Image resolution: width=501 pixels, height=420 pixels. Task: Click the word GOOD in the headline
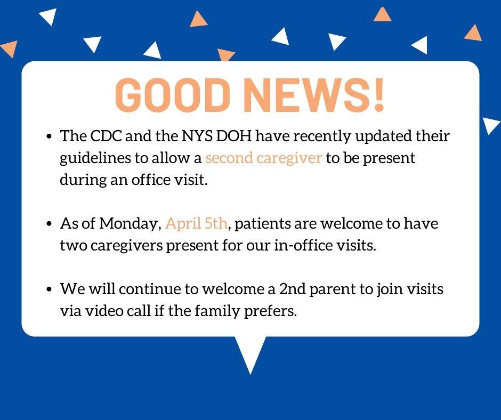pos(173,95)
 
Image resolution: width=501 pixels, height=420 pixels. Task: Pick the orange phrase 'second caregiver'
pos(263,158)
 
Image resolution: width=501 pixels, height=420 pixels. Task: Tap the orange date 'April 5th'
pos(196,224)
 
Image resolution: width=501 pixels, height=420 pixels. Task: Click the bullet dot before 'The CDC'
pos(49,136)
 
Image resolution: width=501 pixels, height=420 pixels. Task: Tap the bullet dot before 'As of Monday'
pos(49,224)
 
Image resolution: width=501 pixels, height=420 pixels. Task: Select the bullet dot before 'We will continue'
pos(49,289)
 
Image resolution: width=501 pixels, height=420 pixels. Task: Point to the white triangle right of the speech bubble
pos(490,125)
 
